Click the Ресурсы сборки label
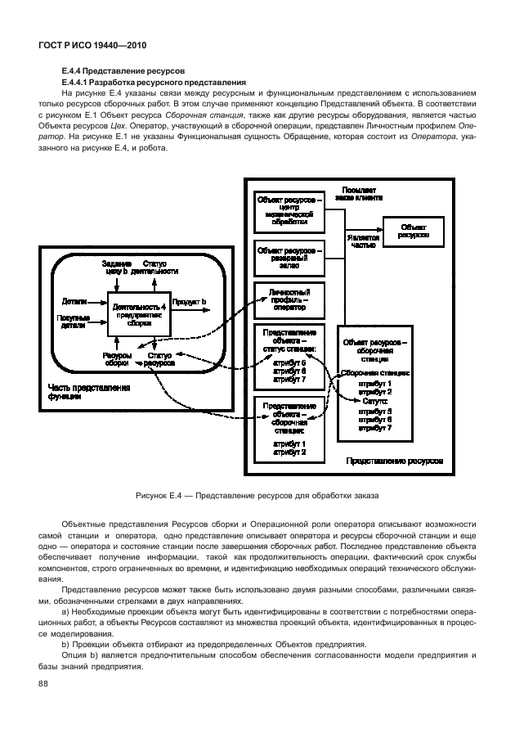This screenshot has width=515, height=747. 112,359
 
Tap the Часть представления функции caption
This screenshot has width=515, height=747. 77,391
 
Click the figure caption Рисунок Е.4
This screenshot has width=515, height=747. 257,496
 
